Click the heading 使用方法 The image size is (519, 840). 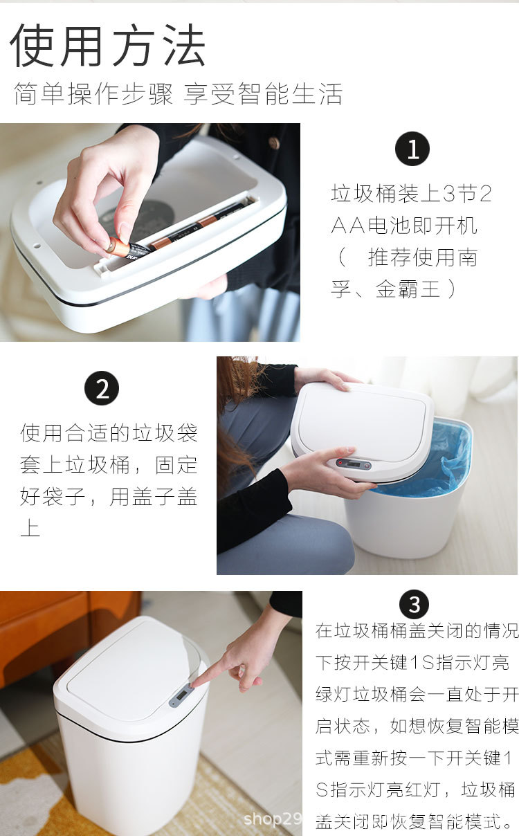tap(107, 46)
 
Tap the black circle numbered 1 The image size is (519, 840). tap(412, 149)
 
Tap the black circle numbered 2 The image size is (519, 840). tap(102, 389)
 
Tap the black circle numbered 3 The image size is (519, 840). tap(414, 605)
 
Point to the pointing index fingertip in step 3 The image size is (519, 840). tap(196, 684)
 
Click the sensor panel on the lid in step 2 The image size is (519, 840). tap(353, 463)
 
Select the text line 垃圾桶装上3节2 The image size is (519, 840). tap(411, 194)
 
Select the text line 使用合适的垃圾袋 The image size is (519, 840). tap(109, 433)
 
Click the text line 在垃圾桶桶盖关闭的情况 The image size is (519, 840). tap(417, 630)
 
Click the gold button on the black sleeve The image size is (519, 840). tap(275, 143)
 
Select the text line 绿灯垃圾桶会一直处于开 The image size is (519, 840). tap(417, 694)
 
